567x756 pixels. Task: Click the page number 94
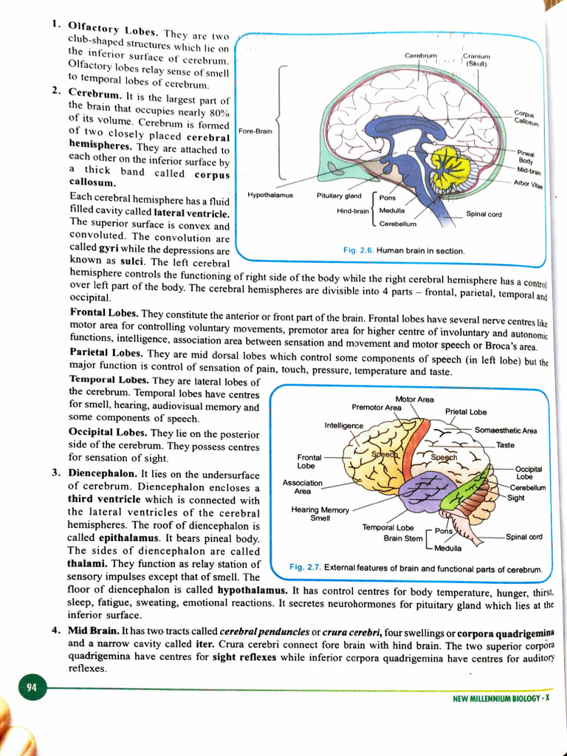[x=31, y=688]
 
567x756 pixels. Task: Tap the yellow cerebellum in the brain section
[x=450, y=167]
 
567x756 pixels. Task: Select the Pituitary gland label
[x=339, y=196]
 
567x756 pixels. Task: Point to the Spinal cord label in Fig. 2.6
[x=484, y=214]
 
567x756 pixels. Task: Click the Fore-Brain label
[x=255, y=131]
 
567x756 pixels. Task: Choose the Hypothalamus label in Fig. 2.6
[x=270, y=196]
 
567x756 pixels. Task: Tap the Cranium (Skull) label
[x=475, y=59]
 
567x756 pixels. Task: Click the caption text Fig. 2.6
[x=359, y=251]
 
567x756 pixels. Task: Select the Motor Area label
[x=415, y=399]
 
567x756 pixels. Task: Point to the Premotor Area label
[x=377, y=408]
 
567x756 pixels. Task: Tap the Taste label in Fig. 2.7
[x=505, y=445]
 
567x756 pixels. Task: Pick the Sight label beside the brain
[x=516, y=498]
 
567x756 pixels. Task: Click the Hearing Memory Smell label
[x=320, y=514]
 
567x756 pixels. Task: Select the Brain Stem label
[x=403, y=538]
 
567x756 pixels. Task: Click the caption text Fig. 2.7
[x=305, y=568]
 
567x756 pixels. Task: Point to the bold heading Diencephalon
[x=100, y=474]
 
